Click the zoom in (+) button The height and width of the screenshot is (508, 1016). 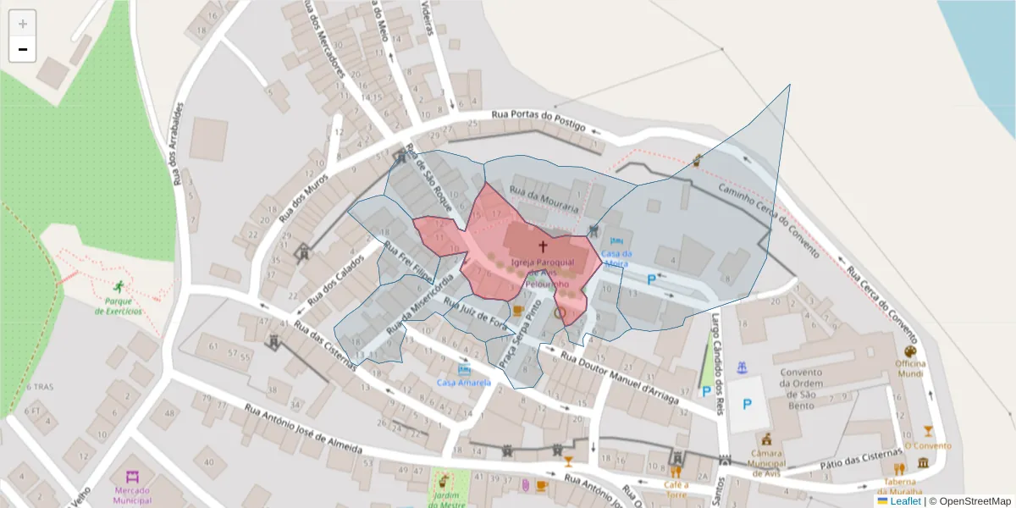(23, 24)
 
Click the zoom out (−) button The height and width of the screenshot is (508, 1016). (23, 50)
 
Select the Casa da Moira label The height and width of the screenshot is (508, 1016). (616, 258)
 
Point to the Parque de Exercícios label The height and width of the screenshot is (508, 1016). (119, 306)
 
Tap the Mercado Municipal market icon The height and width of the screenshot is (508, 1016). (132, 478)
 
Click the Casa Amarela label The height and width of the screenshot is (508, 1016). (464, 383)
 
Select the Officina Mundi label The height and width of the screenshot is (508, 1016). (911, 368)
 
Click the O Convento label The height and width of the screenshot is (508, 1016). (928, 445)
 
